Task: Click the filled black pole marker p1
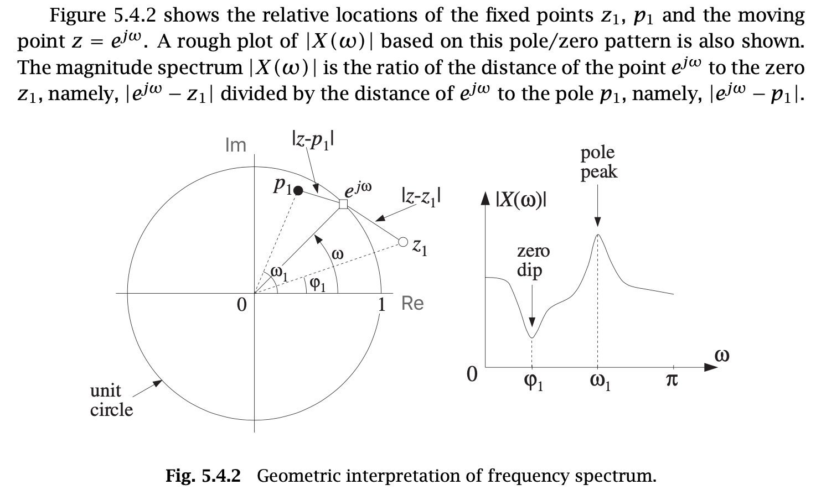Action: (298, 191)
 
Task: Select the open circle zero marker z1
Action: (403, 242)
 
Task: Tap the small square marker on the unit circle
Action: (343, 204)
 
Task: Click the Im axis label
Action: (236, 145)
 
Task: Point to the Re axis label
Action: (412, 304)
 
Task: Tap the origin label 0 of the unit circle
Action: (241, 305)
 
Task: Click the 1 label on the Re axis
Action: (381, 305)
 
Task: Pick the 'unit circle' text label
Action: (111, 400)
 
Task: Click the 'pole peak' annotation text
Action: (598, 162)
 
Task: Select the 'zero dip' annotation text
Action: (533, 261)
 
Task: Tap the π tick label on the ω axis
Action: (671, 381)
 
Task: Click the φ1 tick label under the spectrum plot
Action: (533, 382)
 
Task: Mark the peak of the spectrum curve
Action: (598, 235)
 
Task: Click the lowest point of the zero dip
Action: (532, 337)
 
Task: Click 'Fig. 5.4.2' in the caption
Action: (203, 476)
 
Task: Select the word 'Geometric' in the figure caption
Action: (295, 476)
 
